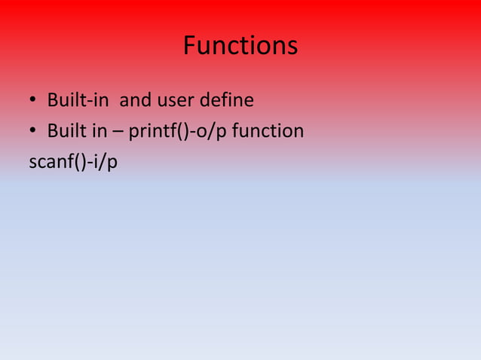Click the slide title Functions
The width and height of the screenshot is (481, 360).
coord(240,47)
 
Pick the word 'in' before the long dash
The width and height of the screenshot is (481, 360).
coord(99,132)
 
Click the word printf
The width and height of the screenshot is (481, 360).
coord(149,133)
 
